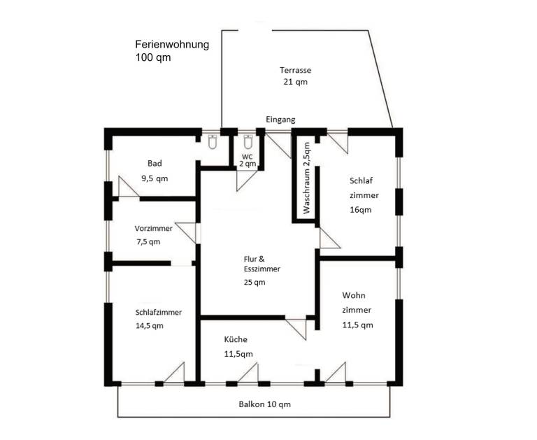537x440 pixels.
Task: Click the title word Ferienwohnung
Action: [x=172, y=45]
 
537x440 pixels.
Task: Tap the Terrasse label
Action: [x=295, y=70]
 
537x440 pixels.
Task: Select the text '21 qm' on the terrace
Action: [x=295, y=82]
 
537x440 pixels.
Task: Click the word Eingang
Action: [x=280, y=120]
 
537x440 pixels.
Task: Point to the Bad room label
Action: [x=154, y=164]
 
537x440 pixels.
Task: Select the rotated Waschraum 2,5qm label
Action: [x=306, y=178]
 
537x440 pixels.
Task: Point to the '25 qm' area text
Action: [x=254, y=283]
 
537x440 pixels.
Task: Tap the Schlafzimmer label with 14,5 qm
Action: [x=159, y=313]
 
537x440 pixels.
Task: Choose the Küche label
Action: [x=236, y=339]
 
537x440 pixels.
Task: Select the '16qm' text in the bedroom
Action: [x=360, y=209]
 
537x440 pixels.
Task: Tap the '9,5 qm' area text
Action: [x=155, y=178]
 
